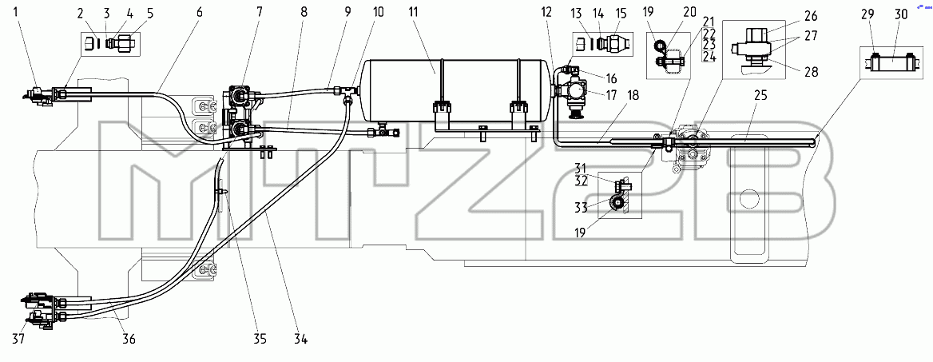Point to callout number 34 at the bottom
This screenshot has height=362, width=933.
pos(300,340)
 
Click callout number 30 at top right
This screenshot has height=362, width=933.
pos(902,14)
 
